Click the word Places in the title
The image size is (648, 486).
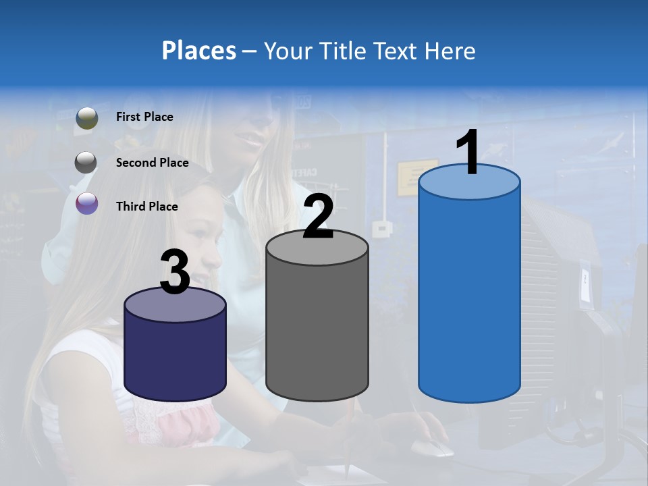point(198,51)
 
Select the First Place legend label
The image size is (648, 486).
point(144,117)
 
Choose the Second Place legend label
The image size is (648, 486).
point(152,162)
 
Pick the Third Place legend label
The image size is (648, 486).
point(146,207)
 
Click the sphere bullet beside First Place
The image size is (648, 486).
point(86,117)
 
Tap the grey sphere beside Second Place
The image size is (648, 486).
point(86,162)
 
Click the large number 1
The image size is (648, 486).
point(467,153)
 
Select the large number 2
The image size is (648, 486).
point(319,216)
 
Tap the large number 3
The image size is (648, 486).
point(175,273)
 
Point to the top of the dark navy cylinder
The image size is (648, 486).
point(175,306)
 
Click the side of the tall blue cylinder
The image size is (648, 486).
point(469,297)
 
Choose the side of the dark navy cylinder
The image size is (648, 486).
point(175,358)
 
